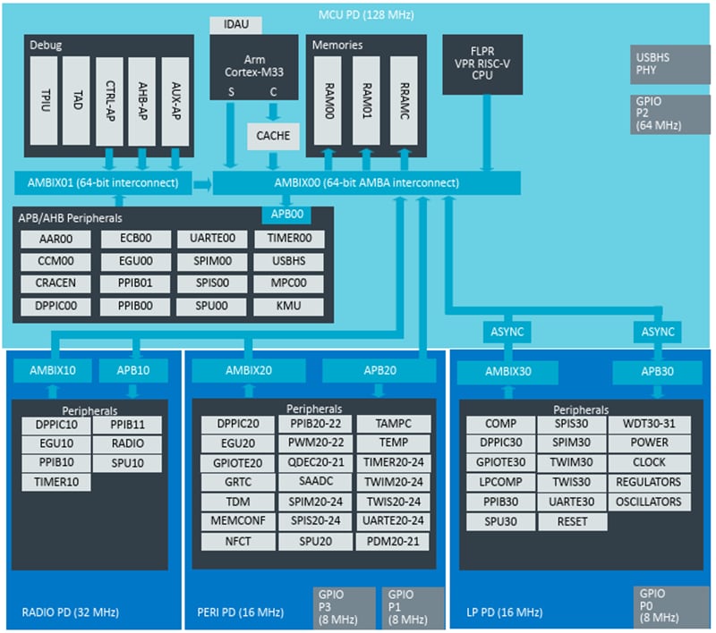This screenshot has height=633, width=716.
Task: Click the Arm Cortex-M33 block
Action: pyautogui.click(x=255, y=67)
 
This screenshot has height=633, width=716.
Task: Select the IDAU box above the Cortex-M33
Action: pyautogui.click(x=235, y=25)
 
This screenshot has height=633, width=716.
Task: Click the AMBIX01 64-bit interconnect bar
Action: pyautogui.click(x=103, y=183)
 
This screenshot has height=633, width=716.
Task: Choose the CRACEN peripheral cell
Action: pyautogui.click(x=56, y=284)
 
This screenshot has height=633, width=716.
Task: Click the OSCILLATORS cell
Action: pyautogui.click(x=650, y=502)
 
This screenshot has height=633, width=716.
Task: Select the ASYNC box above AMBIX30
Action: pyautogui.click(x=507, y=331)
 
